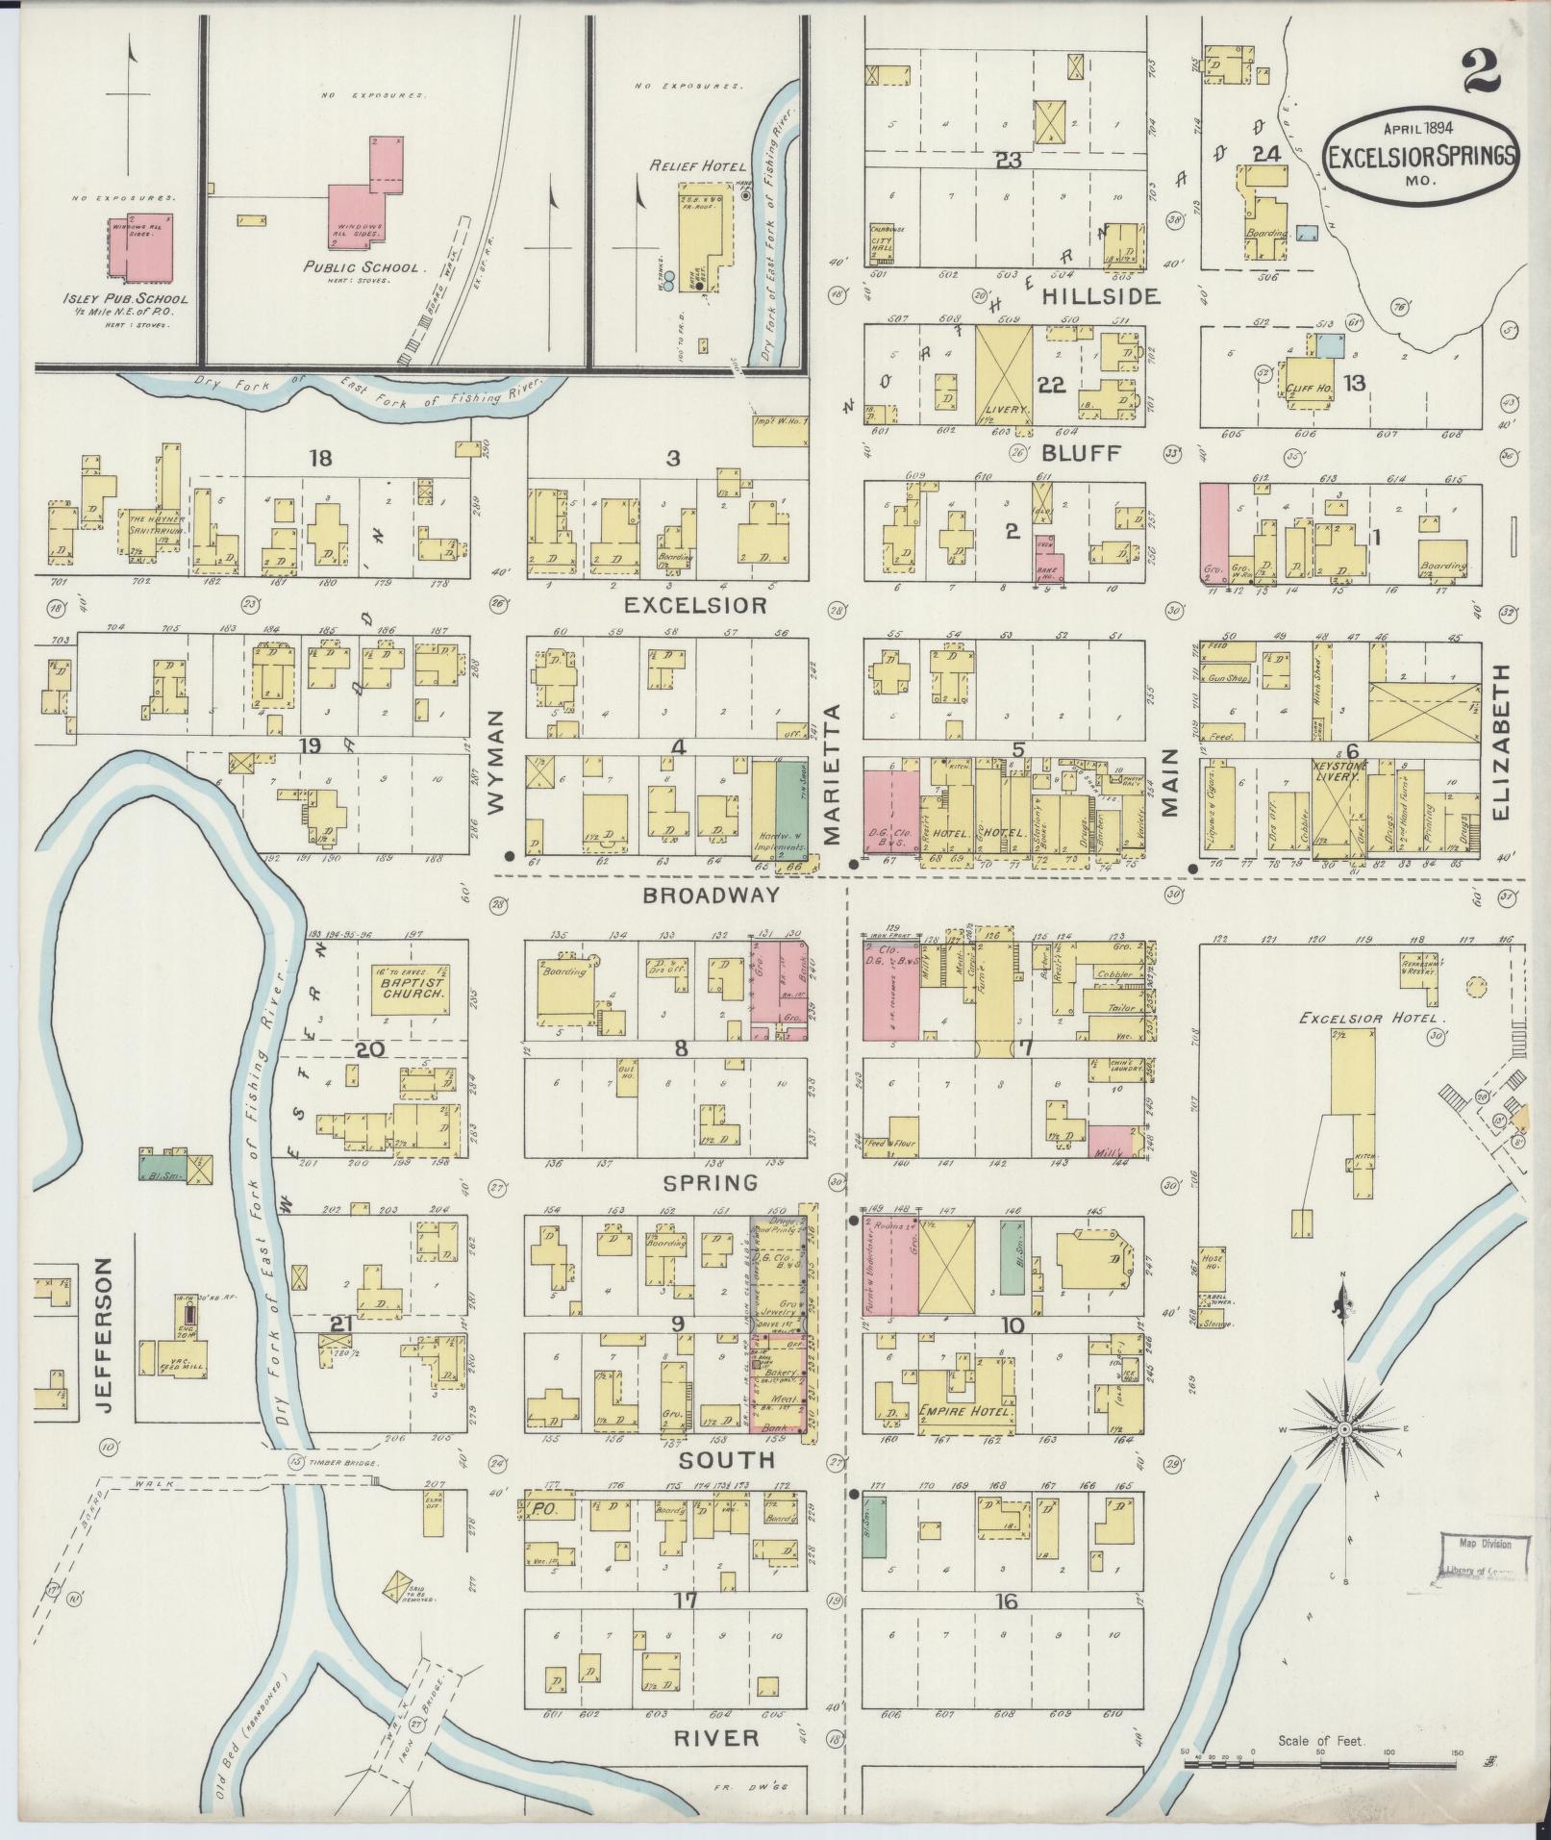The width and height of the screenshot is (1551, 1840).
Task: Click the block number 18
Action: point(320,458)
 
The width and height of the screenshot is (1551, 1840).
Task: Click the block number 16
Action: point(1007,1601)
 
